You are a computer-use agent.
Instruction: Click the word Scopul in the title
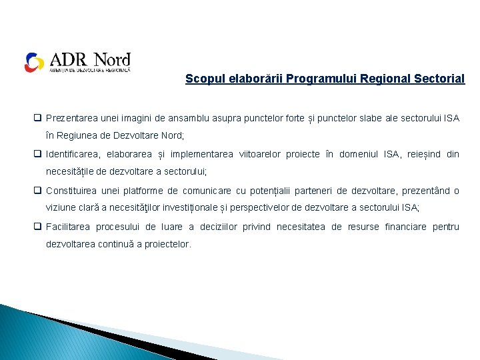click(201, 79)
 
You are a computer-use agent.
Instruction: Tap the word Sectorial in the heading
click(440, 79)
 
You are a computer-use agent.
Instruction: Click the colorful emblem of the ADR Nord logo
click(34, 62)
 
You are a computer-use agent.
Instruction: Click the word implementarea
click(201, 154)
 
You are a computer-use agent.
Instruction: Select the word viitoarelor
click(259, 154)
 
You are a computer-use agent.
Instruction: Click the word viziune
click(61, 208)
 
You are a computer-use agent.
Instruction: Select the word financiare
click(405, 227)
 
